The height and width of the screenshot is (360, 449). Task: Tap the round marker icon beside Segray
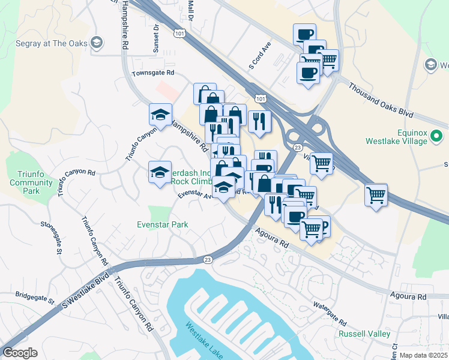pyautogui.click(x=97, y=43)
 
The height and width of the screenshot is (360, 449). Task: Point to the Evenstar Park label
pyautogui.click(x=162, y=225)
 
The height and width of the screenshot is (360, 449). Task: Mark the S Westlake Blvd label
pyautogui.click(x=87, y=291)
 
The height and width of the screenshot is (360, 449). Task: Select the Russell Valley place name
pyautogui.click(x=364, y=334)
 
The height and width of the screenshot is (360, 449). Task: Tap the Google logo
pyautogui.click(x=20, y=353)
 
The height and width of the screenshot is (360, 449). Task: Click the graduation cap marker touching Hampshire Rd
pyautogui.click(x=161, y=115)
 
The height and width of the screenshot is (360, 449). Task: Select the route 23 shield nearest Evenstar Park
pyautogui.click(x=208, y=259)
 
